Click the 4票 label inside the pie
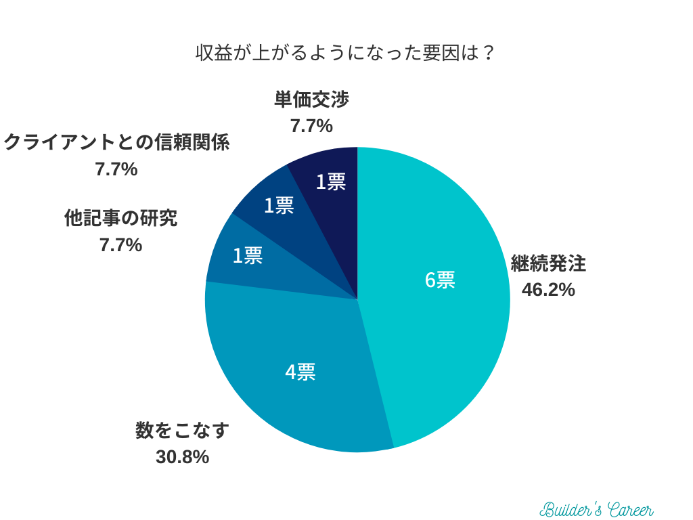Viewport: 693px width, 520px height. [300, 371]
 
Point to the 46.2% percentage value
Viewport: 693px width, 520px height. [548, 290]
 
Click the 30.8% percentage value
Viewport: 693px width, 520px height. [182, 457]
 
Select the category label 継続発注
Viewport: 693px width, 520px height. [548, 263]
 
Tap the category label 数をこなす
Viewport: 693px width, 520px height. [182, 431]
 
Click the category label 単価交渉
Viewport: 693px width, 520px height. [311, 100]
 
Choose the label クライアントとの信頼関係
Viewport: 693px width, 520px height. [116, 143]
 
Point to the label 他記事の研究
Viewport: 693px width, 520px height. [120, 218]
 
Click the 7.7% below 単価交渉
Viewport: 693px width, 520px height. [311, 126]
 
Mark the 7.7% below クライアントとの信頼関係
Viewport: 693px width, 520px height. [116, 169]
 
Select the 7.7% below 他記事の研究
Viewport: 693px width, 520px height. [120, 244]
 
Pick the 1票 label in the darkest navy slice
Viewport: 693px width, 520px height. [331, 181]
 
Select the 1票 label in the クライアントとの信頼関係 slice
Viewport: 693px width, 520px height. [278, 205]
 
